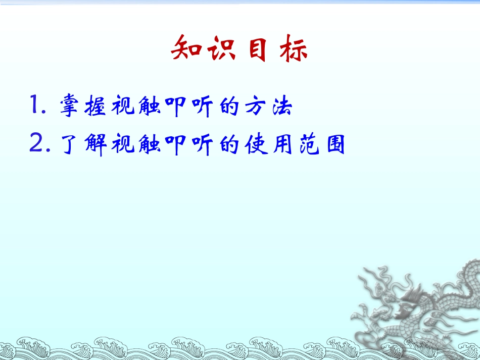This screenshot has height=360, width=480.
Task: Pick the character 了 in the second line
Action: (x=70, y=144)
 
